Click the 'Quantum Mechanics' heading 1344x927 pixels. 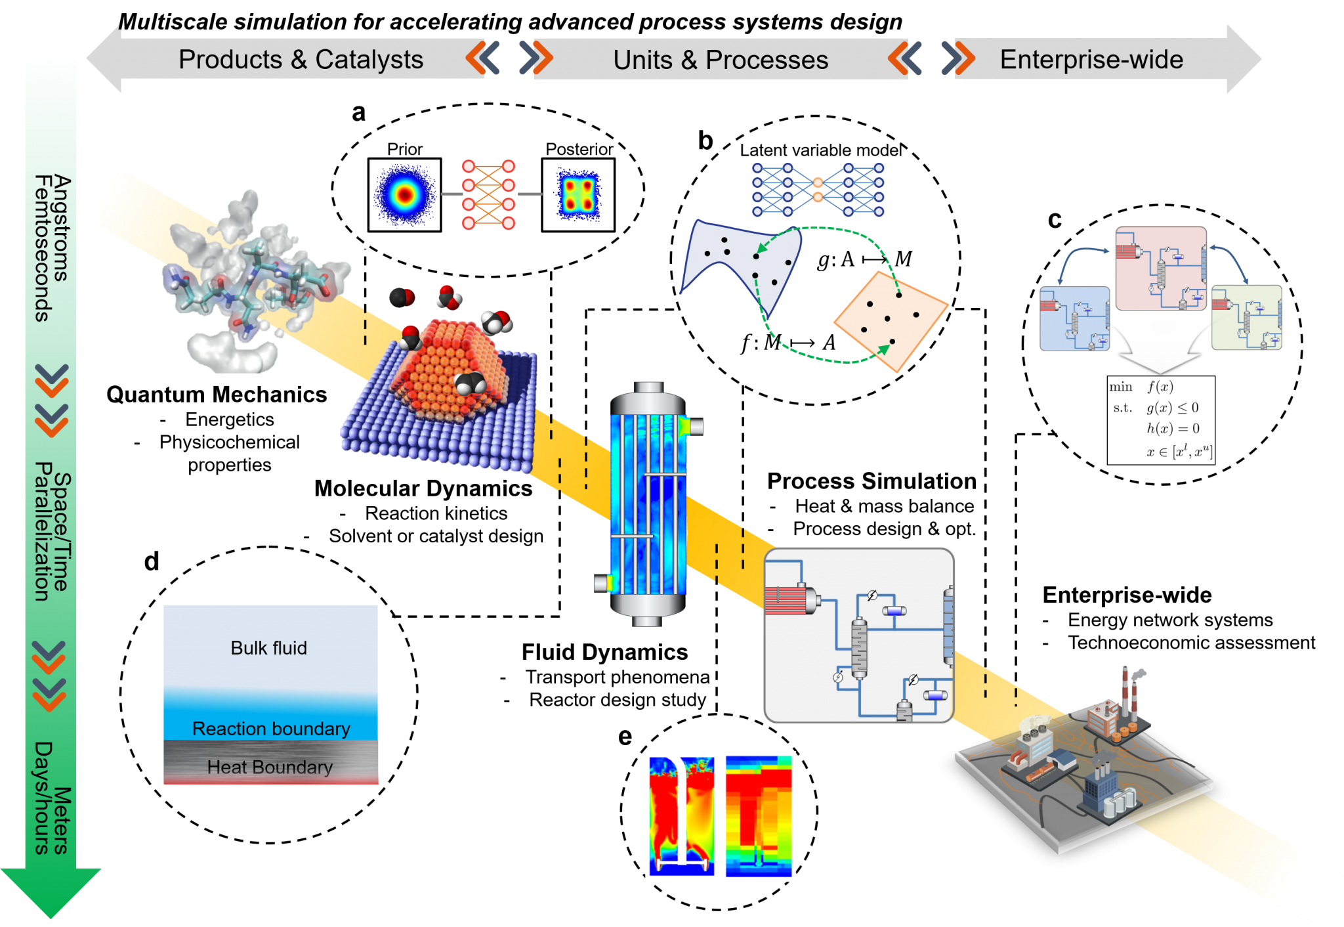pos(217,395)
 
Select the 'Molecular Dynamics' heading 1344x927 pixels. pos(423,488)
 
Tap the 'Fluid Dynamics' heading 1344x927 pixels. pos(604,652)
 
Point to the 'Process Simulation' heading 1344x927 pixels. pos(871,481)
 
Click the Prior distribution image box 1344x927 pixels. pos(404,195)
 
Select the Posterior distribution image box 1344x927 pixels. pos(578,195)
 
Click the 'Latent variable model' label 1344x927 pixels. pos(821,150)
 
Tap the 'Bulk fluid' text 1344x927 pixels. pos(268,648)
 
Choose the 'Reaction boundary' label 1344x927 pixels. pos(271,729)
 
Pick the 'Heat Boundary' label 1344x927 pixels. pos(270,767)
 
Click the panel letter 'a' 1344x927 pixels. pos(358,113)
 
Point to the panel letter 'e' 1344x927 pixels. pos(625,737)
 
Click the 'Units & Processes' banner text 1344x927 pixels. pos(721,60)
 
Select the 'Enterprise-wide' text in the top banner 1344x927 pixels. pos(1091,60)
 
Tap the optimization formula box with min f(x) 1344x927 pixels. pos(1160,420)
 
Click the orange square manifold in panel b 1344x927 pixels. pos(891,322)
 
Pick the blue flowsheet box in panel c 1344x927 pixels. pos(1075,318)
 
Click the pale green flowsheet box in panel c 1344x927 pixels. pos(1247,317)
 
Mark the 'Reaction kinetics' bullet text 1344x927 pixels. pos(436,513)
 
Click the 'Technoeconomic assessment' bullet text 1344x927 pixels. pos(1191,643)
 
